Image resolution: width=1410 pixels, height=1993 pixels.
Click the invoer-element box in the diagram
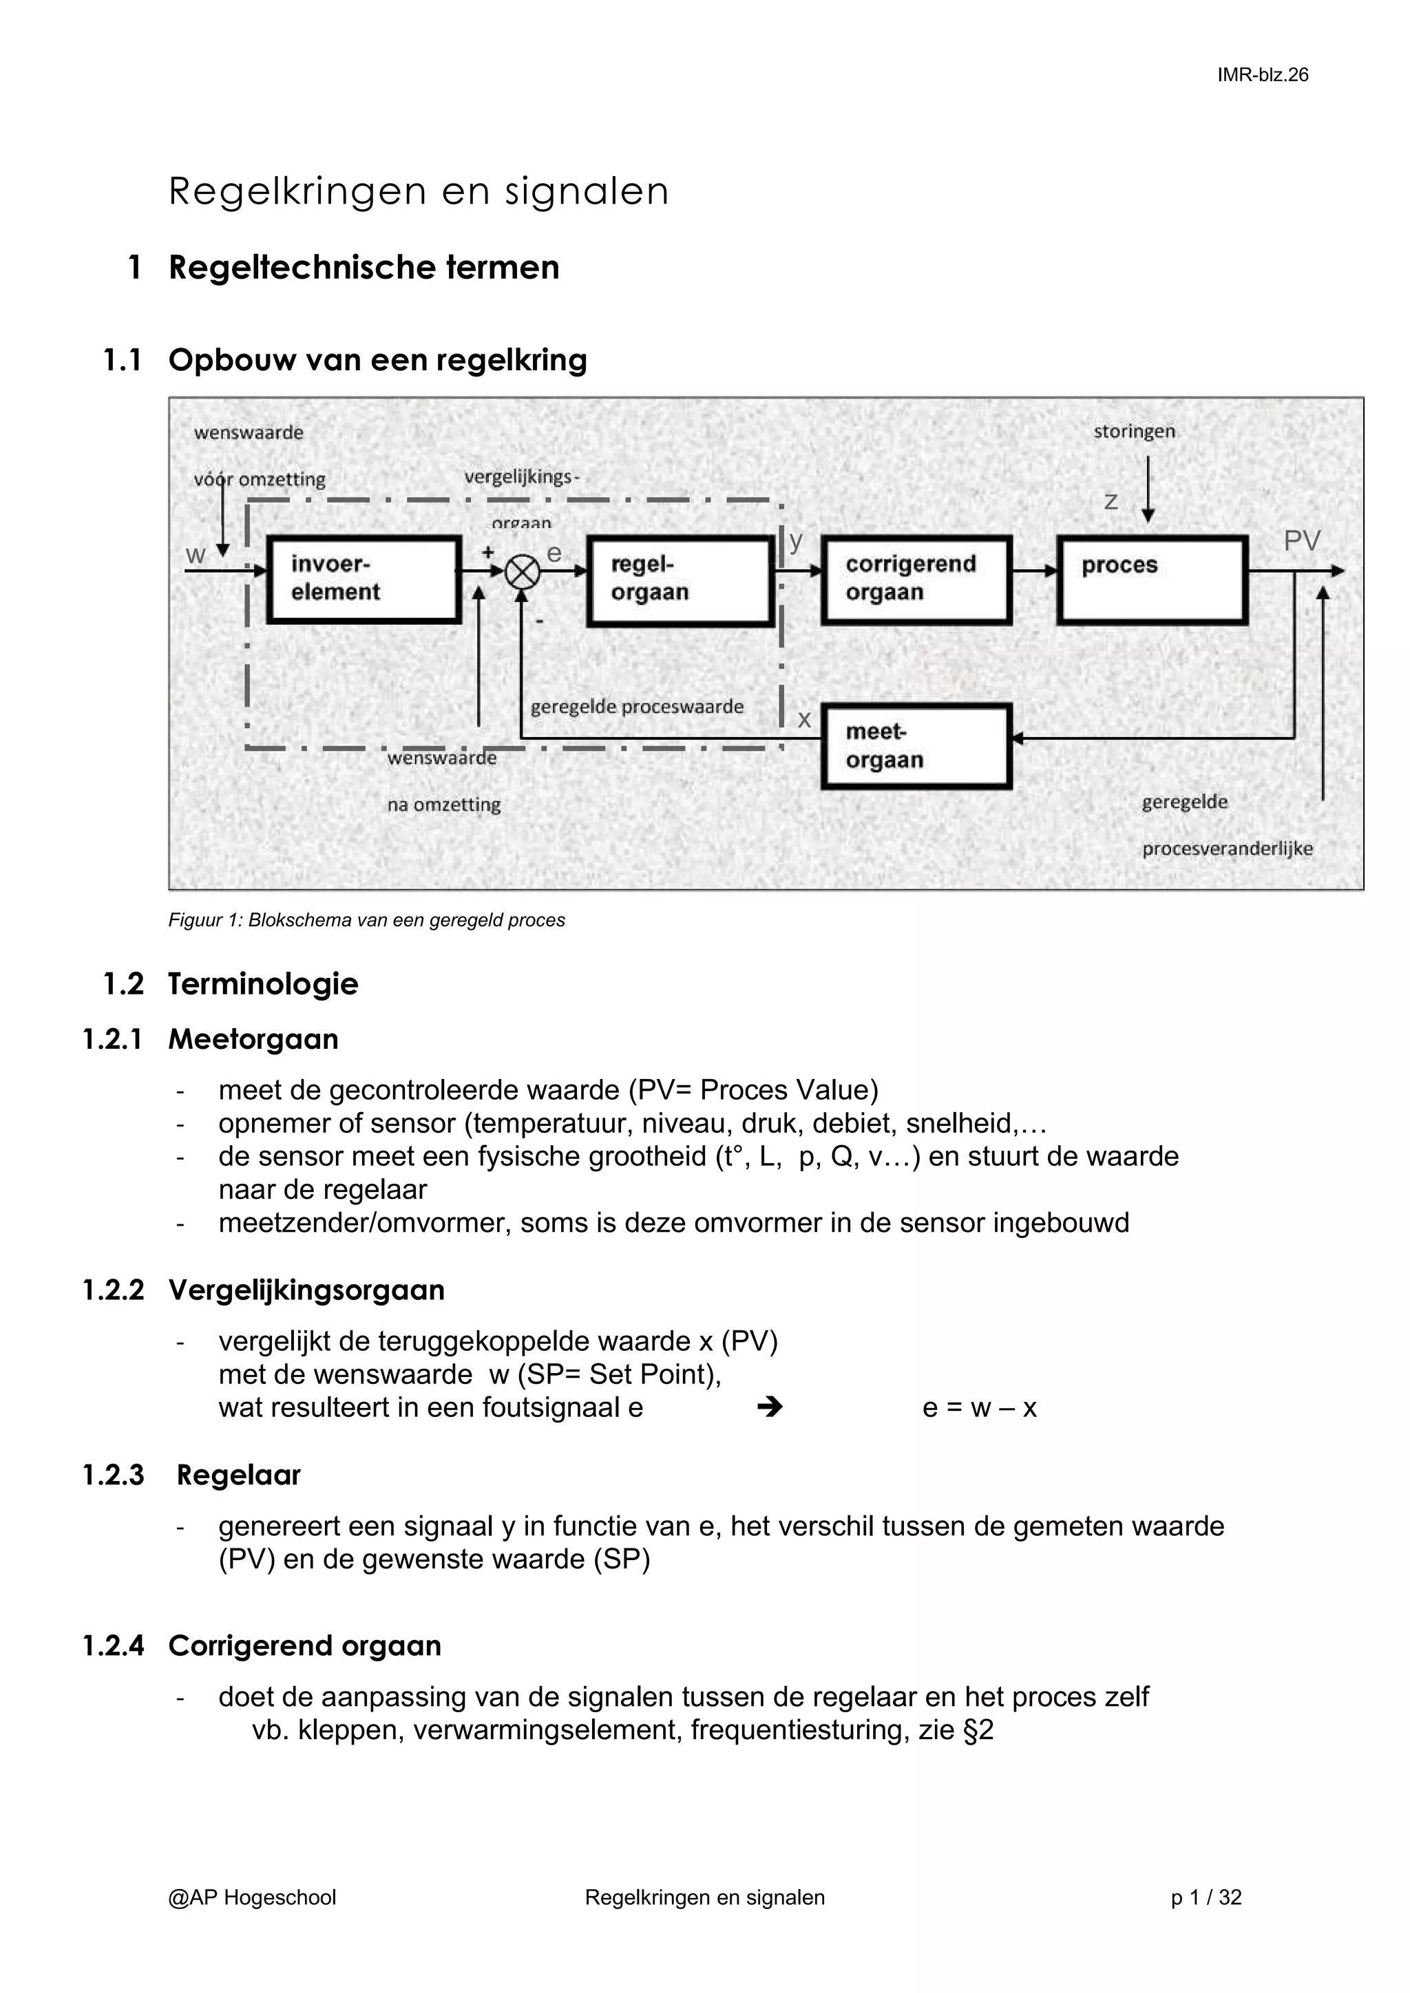(x=363, y=579)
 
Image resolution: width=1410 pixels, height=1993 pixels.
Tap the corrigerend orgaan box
(x=916, y=579)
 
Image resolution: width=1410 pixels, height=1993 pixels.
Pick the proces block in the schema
(x=1152, y=579)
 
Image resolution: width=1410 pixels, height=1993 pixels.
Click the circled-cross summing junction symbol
(x=523, y=572)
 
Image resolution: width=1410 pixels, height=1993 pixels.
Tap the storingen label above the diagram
(x=1133, y=431)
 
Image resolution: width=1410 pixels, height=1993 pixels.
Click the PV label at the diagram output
(x=1301, y=541)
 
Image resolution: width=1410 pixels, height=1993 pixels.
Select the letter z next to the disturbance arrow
(x=1111, y=501)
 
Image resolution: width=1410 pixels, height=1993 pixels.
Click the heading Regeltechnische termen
(x=364, y=267)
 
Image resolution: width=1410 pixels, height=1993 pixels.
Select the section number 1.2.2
(x=113, y=1290)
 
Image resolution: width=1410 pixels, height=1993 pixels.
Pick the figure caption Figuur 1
(x=366, y=920)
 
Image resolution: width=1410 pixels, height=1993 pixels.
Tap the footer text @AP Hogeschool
(x=252, y=1897)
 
